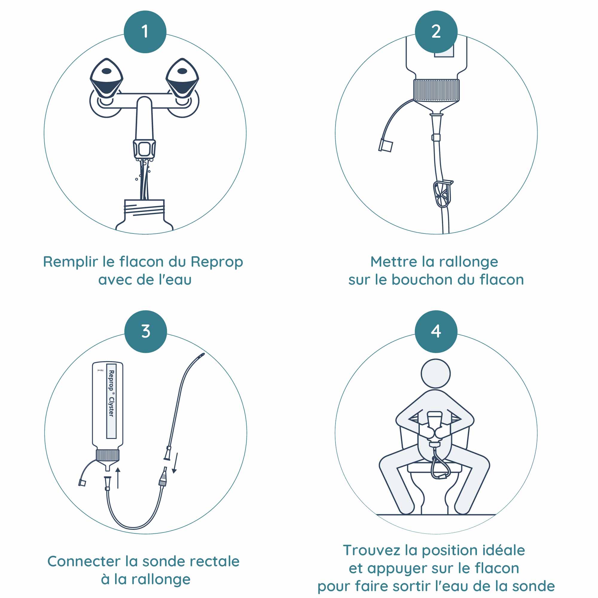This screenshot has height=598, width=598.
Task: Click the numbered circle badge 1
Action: pos(145,32)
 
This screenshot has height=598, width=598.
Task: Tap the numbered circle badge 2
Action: pos(436,32)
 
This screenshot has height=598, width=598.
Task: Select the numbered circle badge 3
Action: pos(146,332)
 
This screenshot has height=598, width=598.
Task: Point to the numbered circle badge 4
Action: pos(436,332)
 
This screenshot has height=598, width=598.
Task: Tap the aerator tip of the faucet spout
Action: pos(144,149)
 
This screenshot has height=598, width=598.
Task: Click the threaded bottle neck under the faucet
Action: pos(144,210)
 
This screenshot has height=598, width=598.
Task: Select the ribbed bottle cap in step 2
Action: pos(436,90)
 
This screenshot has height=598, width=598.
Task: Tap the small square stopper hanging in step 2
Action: pos(386,146)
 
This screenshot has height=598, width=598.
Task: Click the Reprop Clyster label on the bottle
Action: pos(111,401)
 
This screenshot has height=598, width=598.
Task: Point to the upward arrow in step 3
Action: pos(118,478)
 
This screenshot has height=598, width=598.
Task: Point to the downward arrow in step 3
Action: pos(176,463)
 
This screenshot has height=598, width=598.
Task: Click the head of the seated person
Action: pos(436,373)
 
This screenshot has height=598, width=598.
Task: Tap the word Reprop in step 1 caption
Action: pos(217,262)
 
